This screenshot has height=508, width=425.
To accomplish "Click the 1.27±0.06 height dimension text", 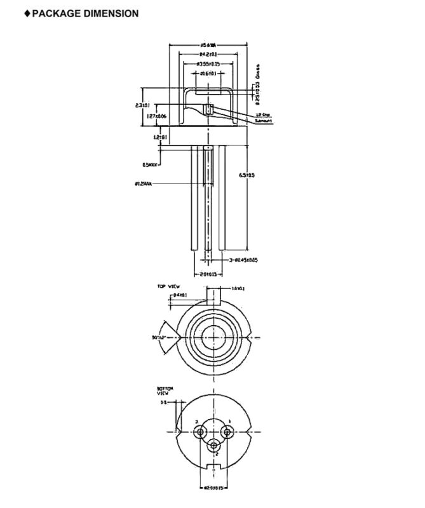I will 156,116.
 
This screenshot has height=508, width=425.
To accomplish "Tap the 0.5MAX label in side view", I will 150,164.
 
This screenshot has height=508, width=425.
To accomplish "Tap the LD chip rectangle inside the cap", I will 207,109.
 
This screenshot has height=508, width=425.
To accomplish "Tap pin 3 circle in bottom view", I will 202,432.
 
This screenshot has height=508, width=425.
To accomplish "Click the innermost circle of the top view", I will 214,336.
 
